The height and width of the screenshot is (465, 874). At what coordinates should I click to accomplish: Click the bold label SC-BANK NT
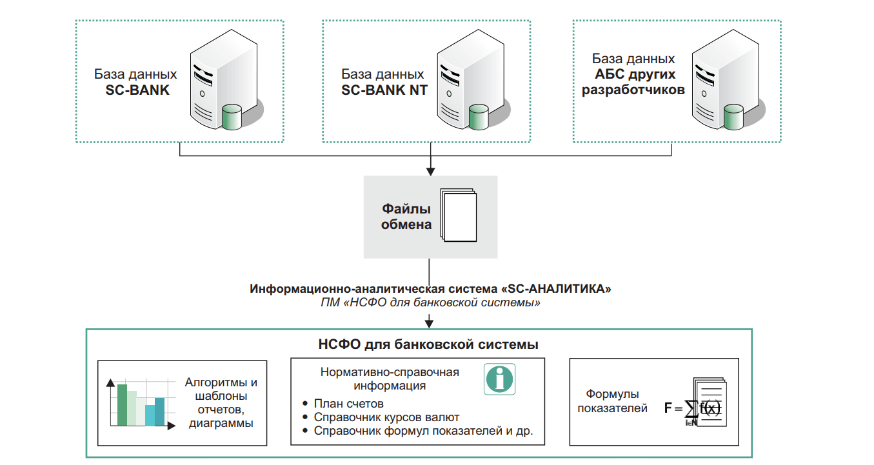point(383,90)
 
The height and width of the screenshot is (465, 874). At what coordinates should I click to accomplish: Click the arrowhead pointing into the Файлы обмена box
point(430,171)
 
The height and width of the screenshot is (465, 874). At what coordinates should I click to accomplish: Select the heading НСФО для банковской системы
point(428,344)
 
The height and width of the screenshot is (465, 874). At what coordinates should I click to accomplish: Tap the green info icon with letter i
point(500,379)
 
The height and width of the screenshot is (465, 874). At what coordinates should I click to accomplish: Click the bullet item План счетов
point(348,404)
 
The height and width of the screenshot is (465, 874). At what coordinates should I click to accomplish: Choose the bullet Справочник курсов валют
point(386,417)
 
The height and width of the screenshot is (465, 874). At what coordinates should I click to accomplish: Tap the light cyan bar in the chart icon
point(150,415)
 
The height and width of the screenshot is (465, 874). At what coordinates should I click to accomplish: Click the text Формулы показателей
point(612,401)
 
